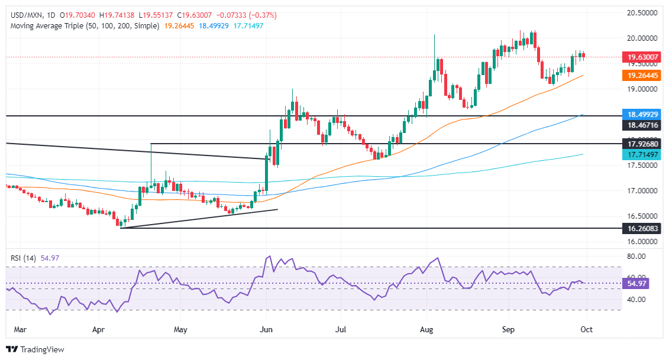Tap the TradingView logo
pyautogui.click(x=35, y=349)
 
